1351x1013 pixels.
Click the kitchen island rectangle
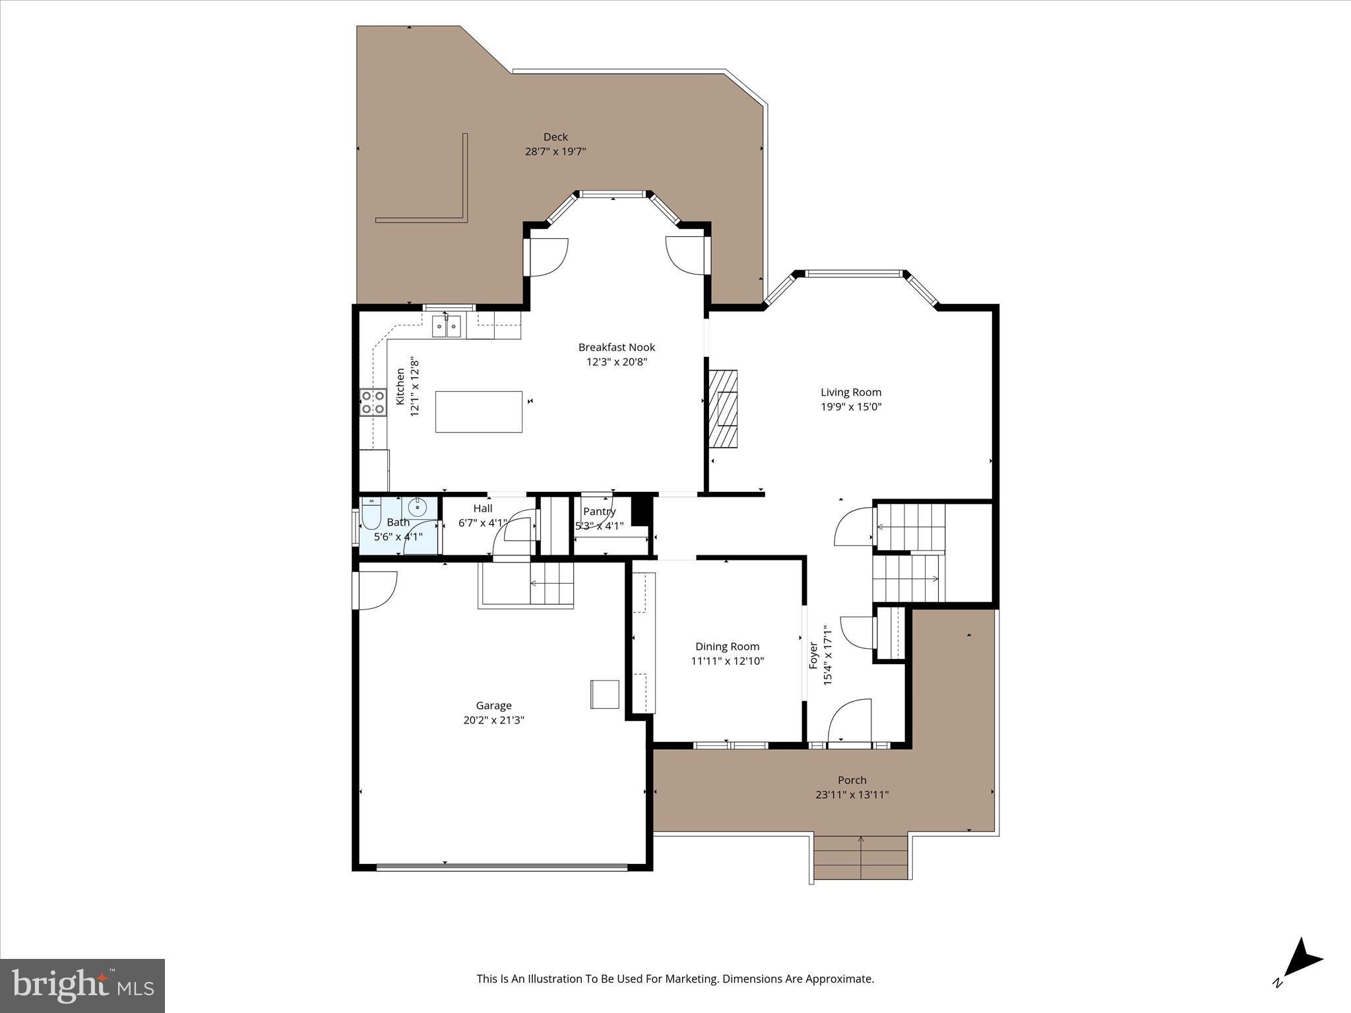[478, 412]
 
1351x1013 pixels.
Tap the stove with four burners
[373, 402]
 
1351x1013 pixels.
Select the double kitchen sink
[447, 326]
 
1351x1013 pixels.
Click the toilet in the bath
[370, 515]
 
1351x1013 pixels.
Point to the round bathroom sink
[417, 507]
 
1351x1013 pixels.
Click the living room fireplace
[723, 408]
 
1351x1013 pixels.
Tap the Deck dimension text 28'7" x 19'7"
[555, 152]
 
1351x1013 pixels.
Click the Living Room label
[851, 392]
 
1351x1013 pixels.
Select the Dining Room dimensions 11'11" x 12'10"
[727, 661]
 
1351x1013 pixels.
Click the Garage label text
[493, 706]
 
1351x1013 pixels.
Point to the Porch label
[852, 780]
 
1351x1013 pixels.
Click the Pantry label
[599, 512]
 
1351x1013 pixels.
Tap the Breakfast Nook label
[616, 347]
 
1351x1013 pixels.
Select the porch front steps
[860, 857]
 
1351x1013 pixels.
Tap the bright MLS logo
[82, 985]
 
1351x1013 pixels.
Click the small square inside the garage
[604, 694]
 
